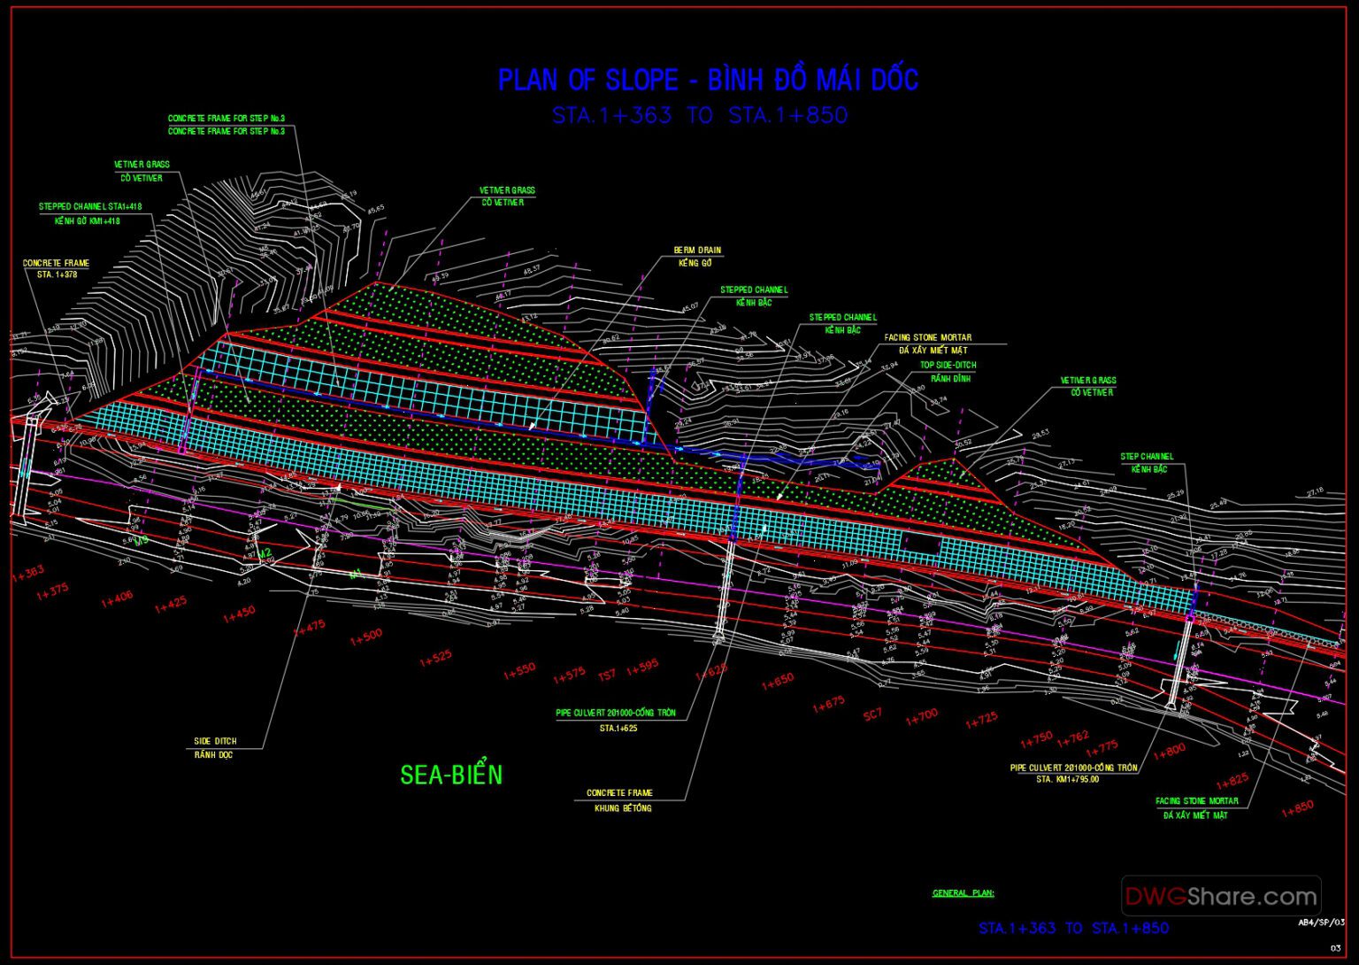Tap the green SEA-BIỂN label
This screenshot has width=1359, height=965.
point(451,775)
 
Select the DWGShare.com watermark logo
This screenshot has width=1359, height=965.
point(1221,896)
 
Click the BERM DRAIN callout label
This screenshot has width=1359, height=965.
point(697,251)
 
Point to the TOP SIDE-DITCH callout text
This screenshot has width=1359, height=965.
point(948,365)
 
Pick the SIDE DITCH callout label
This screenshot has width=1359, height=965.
point(215,741)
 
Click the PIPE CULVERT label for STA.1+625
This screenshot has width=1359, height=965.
point(616,714)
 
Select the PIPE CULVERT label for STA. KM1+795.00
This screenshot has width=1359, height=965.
point(1073,768)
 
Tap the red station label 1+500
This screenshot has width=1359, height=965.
point(366,637)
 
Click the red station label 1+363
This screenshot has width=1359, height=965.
point(27,574)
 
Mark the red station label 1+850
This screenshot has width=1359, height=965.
point(1297,808)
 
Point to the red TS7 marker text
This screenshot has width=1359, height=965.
point(607,675)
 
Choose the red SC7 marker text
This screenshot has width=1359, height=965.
point(872,714)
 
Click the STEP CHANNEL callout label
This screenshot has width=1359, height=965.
point(1147,457)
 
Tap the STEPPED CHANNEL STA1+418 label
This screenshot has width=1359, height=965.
point(89,207)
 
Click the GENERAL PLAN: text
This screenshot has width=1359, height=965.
point(963,893)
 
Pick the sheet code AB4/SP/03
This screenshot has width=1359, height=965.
point(1320,923)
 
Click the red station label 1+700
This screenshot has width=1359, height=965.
point(921,717)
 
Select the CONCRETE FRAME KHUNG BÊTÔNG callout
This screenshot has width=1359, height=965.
point(619,793)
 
